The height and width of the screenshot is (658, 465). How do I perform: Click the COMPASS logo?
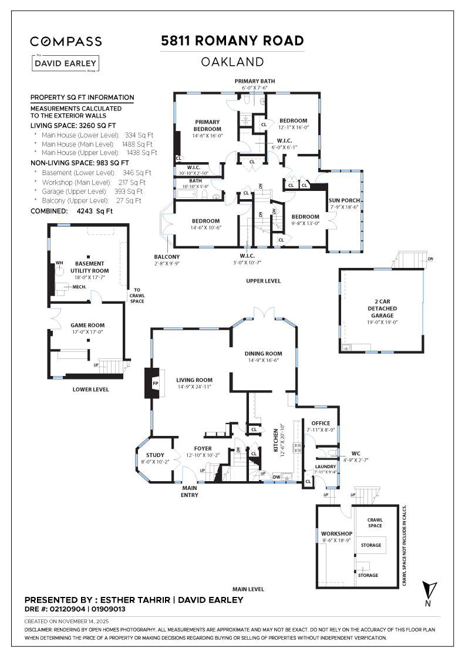tap(66, 41)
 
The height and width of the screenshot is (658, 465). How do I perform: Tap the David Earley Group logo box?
tap(66, 63)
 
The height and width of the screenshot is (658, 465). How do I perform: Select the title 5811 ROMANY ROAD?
tap(232, 41)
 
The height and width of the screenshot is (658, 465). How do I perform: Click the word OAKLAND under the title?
tap(232, 62)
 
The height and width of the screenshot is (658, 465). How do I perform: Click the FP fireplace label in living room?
tap(156, 384)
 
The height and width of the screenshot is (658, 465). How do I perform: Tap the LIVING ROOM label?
tap(194, 380)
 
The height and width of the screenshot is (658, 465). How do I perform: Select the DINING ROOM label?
tap(263, 354)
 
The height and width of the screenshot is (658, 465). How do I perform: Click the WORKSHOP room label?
tap(336, 533)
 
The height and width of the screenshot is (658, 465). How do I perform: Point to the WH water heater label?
tap(59, 263)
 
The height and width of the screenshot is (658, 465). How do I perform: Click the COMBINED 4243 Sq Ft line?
tap(71, 210)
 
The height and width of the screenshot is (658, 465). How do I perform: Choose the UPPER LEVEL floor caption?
tap(263, 281)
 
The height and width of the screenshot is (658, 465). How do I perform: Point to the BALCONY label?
tap(167, 257)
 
